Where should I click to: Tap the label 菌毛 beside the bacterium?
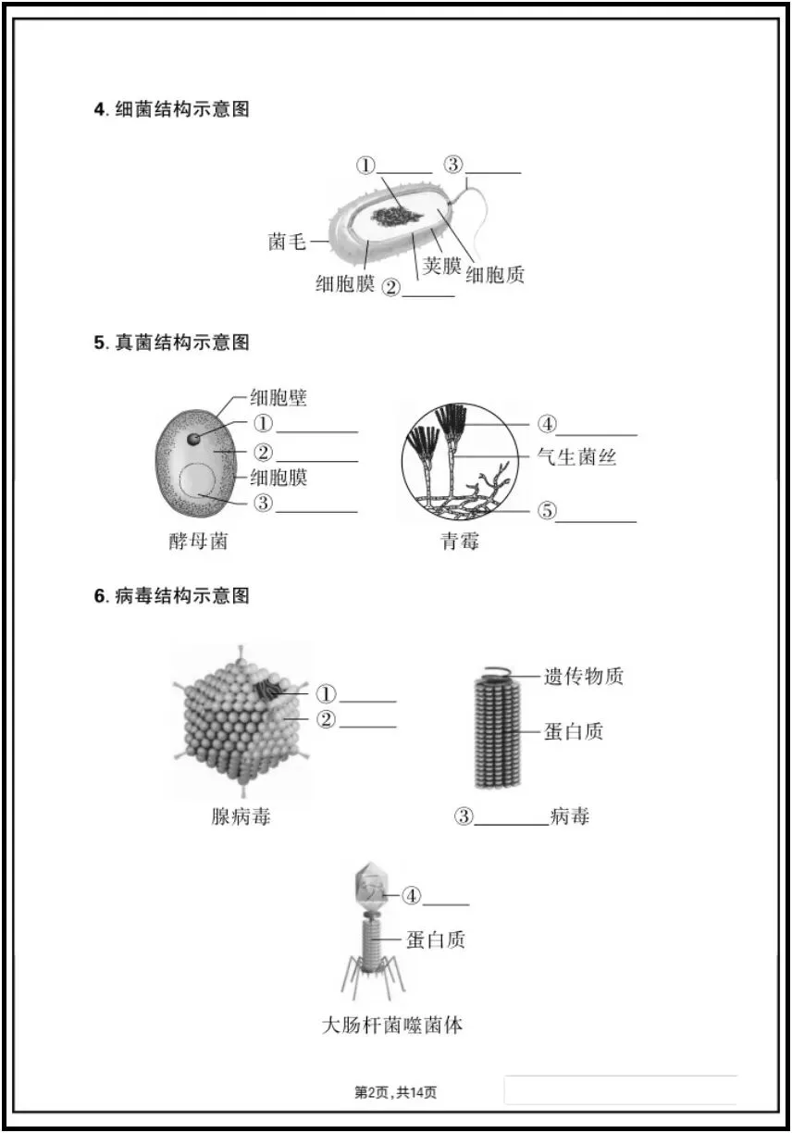287,243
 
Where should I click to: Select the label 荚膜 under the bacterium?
441,267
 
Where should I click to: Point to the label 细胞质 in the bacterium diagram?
495,275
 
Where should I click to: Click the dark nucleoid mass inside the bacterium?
399,216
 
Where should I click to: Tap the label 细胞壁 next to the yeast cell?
278,398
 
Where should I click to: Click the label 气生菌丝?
576,456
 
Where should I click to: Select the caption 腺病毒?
241,816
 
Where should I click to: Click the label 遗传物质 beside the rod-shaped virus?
583,677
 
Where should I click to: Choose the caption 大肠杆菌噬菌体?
392,1026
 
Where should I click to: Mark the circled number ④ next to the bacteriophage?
411,895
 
